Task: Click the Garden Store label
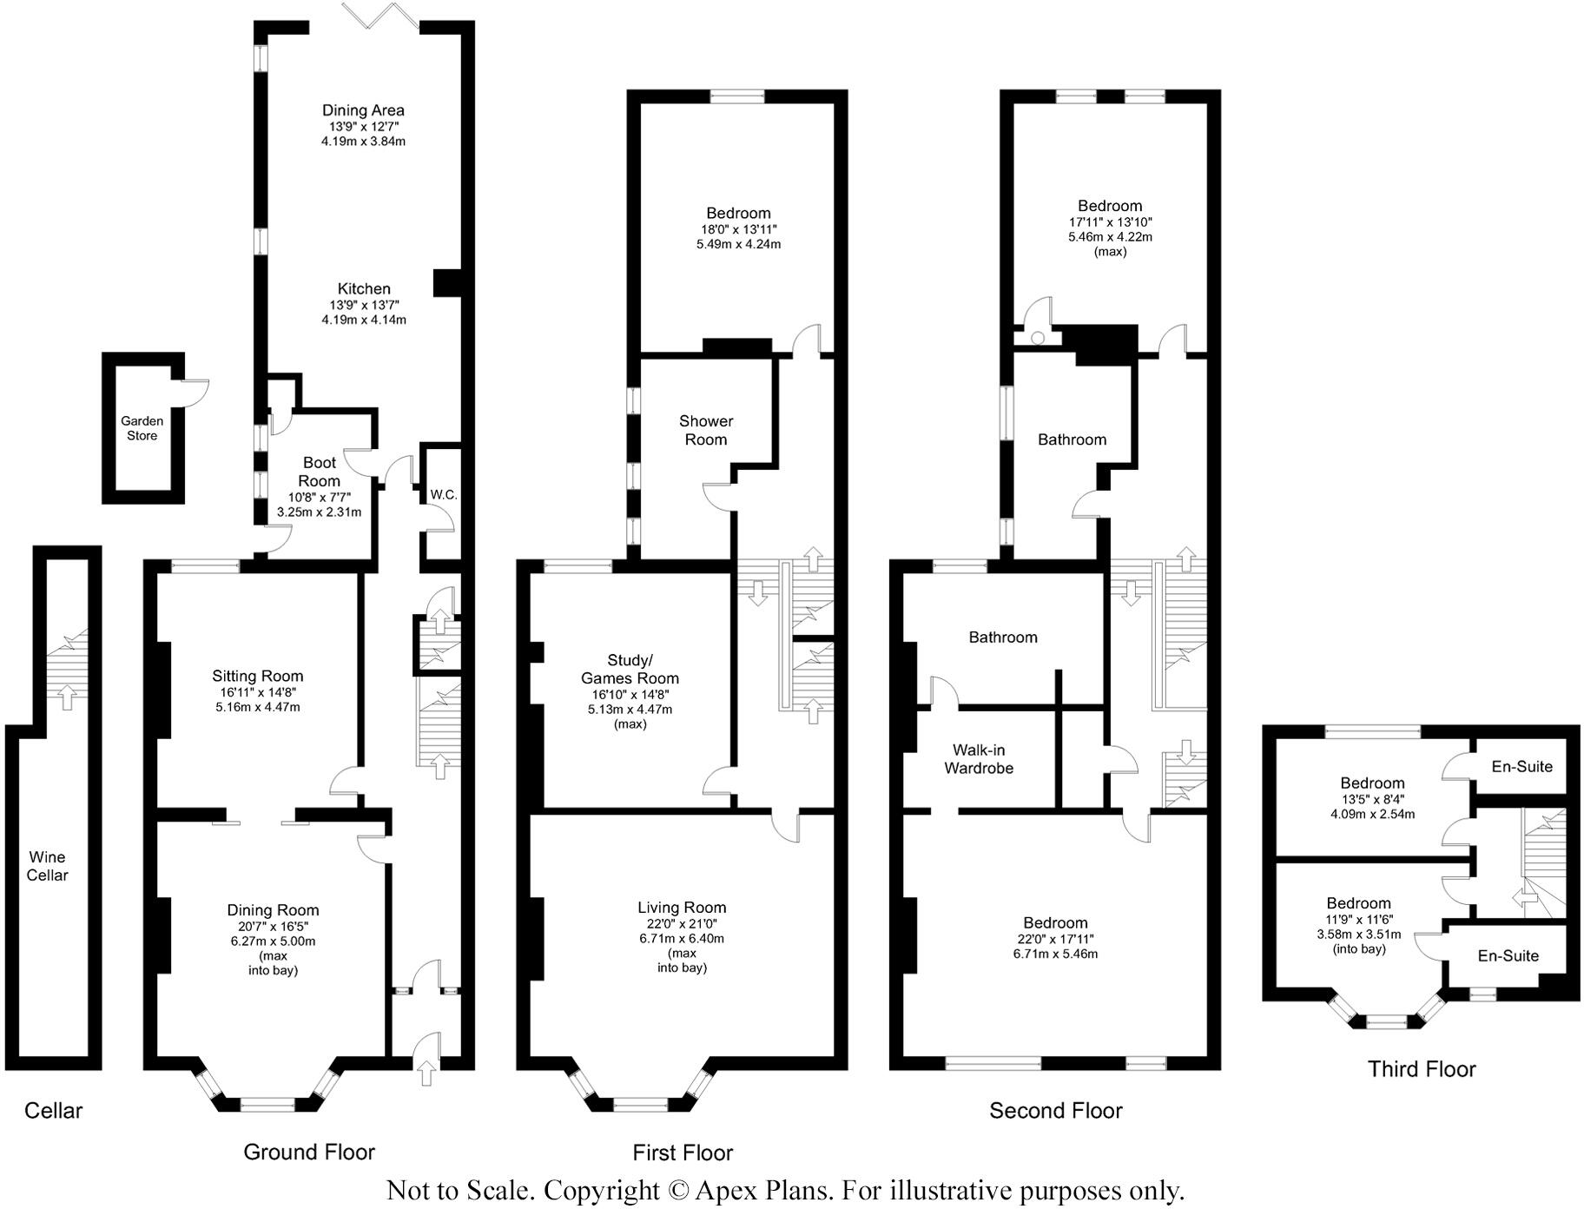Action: click(142, 428)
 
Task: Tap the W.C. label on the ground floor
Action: click(444, 495)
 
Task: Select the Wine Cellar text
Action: click(47, 866)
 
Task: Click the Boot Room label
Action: click(320, 472)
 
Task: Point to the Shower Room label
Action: click(706, 430)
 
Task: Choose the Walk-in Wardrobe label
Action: click(979, 759)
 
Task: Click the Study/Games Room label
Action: click(630, 670)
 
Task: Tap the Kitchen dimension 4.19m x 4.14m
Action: click(364, 320)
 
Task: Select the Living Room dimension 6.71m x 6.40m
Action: click(682, 938)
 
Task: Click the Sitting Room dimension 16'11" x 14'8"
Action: click(258, 692)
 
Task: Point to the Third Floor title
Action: click(1422, 1068)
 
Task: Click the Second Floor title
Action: click(1056, 1110)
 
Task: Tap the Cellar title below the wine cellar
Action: click(54, 1110)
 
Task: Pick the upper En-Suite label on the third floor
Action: click(1521, 766)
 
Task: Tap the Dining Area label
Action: click(363, 110)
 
